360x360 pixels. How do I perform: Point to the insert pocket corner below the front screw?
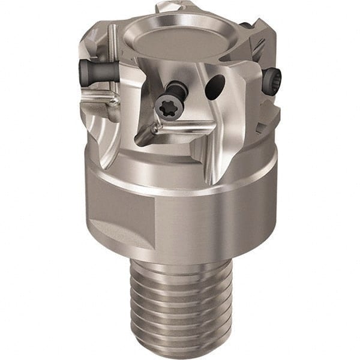pos(150,132)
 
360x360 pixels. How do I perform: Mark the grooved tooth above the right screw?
pos(264,42)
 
